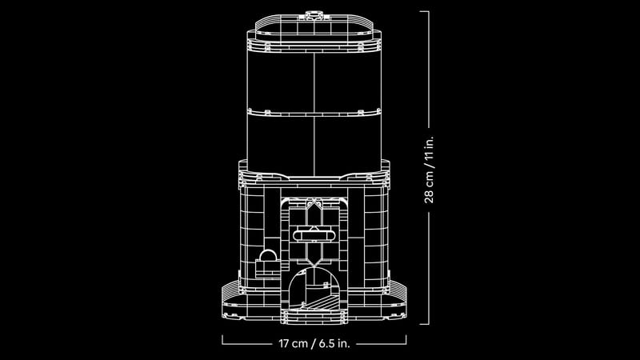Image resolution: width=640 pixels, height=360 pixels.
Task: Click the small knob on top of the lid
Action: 311,14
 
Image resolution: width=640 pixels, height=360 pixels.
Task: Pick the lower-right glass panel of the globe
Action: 345,138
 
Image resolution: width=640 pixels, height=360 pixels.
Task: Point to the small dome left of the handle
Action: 266,255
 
